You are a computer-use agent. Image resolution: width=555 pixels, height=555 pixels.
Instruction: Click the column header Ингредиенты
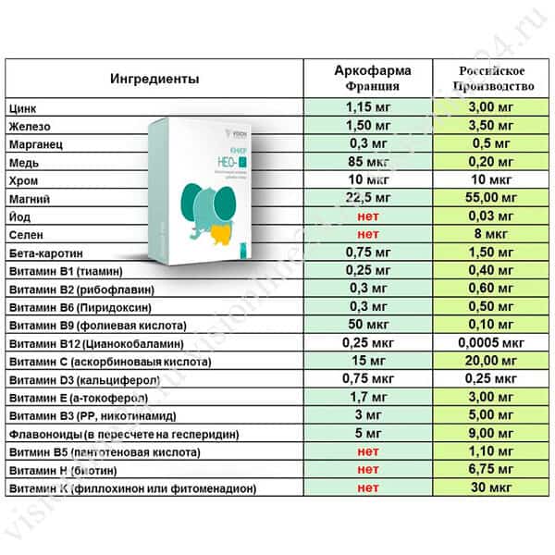pos(155,79)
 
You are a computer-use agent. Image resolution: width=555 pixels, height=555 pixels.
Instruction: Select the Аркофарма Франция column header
pos(372,79)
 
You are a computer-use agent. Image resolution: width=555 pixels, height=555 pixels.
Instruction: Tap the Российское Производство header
pos(498,79)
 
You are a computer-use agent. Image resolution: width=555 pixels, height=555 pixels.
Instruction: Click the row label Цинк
pos(22,109)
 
